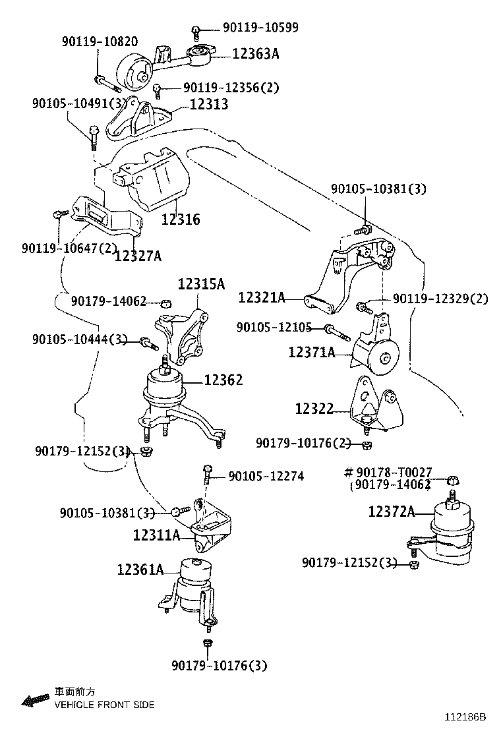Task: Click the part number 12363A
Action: coord(256,53)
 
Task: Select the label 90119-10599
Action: coord(260,28)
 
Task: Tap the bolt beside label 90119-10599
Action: coord(196,30)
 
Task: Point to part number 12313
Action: coord(209,104)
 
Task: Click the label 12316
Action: coord(181,220)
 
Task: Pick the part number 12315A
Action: coord(201,284)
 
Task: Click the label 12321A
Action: coord(262,298)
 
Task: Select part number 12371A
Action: coord(311,353)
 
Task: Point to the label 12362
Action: coord(223,380)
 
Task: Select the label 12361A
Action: coord(140,569)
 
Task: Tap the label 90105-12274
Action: coord(266,475)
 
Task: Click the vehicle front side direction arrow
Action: coord(32,699)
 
